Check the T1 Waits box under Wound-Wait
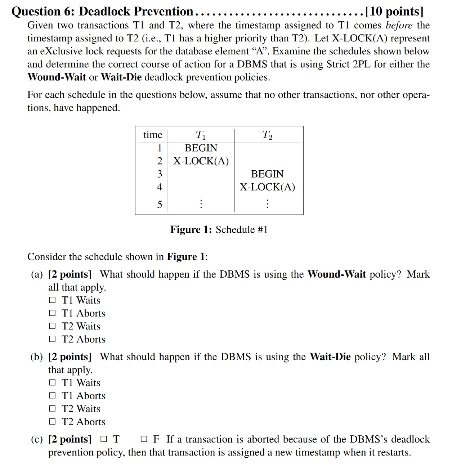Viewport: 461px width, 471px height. coord(53,300)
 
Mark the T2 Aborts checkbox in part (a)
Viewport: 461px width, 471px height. coord(53,339)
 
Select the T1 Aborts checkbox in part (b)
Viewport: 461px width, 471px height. coord(53,396)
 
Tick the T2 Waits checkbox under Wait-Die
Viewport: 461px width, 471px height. coord(53,409)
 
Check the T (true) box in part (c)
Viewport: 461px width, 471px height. coord(104,439)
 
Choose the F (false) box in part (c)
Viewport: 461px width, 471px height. coord(144,439)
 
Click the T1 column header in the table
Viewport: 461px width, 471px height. coord(201,135)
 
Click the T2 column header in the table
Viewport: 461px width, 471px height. coord(267,135)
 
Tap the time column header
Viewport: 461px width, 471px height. coord(153,135)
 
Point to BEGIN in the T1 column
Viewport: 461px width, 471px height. coord(201,148)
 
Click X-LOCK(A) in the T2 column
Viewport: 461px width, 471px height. coord(267,187)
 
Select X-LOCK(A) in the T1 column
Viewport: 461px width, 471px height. coord(201,161)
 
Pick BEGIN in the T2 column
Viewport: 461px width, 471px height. coord(267,174)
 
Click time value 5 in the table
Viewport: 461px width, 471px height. coord(160,205)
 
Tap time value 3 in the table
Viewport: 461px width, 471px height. coord(160,174)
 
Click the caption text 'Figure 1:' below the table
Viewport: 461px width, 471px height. coord(191,230)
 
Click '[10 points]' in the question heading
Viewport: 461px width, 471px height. coord(394,12)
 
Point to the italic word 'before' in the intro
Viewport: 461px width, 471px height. coord(399,25)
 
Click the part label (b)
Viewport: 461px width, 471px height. coord(37,357)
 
